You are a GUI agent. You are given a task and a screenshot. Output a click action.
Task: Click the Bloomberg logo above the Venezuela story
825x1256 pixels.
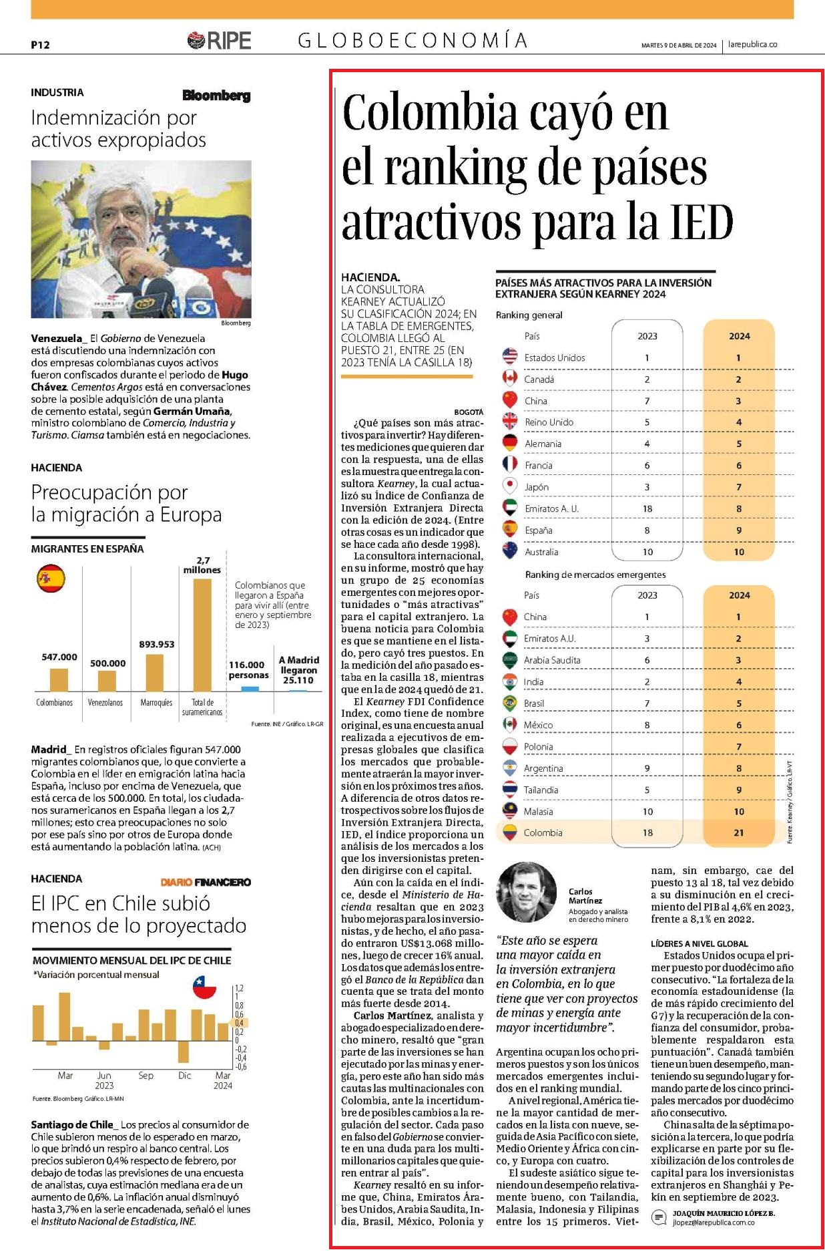[217, 96]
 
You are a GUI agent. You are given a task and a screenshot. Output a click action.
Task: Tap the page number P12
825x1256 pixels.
[40, 45]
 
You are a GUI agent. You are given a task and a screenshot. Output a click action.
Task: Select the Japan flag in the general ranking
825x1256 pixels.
[510, 486]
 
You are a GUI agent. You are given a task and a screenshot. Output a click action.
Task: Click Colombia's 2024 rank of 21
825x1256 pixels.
[738, 832]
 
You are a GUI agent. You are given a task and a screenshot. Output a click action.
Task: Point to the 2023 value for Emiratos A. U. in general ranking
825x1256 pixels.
[647, 508]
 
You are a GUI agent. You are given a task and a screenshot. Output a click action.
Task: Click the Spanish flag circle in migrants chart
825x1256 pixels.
[51, 579]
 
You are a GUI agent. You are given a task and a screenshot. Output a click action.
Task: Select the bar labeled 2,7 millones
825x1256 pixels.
[202, 635]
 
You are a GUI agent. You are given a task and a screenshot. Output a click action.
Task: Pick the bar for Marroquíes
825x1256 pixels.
[155, 673]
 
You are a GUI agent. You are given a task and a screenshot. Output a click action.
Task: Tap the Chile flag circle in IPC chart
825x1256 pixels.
[204, 986]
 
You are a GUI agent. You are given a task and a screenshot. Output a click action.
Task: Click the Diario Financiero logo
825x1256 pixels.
[206, 882]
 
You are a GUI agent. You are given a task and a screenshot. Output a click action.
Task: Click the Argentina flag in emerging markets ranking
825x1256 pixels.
[510, 768]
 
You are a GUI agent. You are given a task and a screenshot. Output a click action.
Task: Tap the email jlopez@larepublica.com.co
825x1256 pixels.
[714, 1222]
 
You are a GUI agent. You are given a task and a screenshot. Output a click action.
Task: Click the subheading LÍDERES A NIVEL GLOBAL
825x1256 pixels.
[700, 943]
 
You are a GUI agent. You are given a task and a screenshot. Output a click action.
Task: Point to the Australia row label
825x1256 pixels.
[541, 552]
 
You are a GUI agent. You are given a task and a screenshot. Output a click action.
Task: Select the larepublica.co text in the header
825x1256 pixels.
[753, 45]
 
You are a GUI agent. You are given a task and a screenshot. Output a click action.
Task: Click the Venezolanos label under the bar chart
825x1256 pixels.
[105, 703]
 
